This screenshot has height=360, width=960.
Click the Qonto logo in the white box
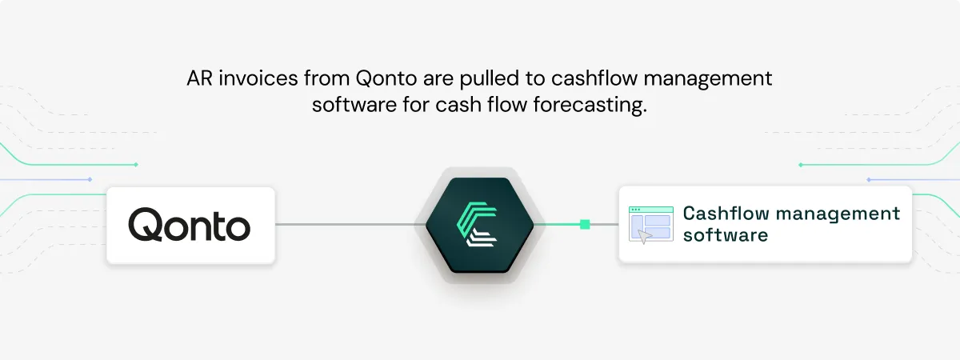pyautogui.click(x=189, y=225)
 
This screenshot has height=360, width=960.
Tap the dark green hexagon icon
pyautogui.click(x=479, y=225)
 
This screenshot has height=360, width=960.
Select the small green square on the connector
pyautogui.click(x=585, y=224)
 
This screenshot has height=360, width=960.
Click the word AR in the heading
pyautogui.click(x=200, y=78)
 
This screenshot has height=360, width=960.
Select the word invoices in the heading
pyautogui.click(x=258, y=78)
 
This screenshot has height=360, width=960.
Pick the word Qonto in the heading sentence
pyautogui.click(x=386, y=79)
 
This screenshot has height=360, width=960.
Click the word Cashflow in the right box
pyautogui.click(x=726, y=214)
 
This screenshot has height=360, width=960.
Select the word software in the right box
pyautogui.click(x=726, y=235)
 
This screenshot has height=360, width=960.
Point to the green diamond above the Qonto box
pyautogui.click(x=136, y=165)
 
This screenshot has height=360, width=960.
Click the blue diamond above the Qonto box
pyautogui.click(x=90, y=179)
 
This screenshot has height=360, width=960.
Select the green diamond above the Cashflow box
pyautogui.click(x=800, y=165)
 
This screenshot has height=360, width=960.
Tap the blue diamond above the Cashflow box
pyautogui.click(x=868, y=179)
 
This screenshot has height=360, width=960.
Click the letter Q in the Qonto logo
pyautogui.click(x=145, y=225)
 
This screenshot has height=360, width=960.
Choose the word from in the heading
pyautogui.click(x=326, y=78)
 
